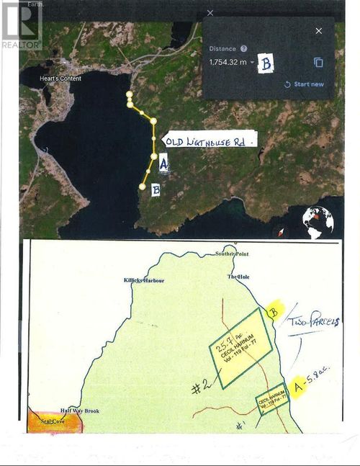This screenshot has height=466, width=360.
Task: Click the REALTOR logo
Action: (x=21, y=25)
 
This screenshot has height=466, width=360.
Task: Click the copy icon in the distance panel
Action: (x=318, y=63)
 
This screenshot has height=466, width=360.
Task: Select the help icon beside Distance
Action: (x=244, y=48)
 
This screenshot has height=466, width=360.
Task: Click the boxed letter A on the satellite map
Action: (x=163, y=163)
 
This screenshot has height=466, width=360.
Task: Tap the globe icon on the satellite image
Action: (x=318, y=222)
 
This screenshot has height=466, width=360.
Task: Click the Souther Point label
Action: (x=231, y=254)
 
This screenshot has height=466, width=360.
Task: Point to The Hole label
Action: (x=238, y=277)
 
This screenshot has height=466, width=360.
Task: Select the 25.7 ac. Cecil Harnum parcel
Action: (x=242, y=349)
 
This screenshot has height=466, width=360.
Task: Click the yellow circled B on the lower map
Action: (x=273, y=312)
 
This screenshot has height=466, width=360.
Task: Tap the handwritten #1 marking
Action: (x=240, y=424)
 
